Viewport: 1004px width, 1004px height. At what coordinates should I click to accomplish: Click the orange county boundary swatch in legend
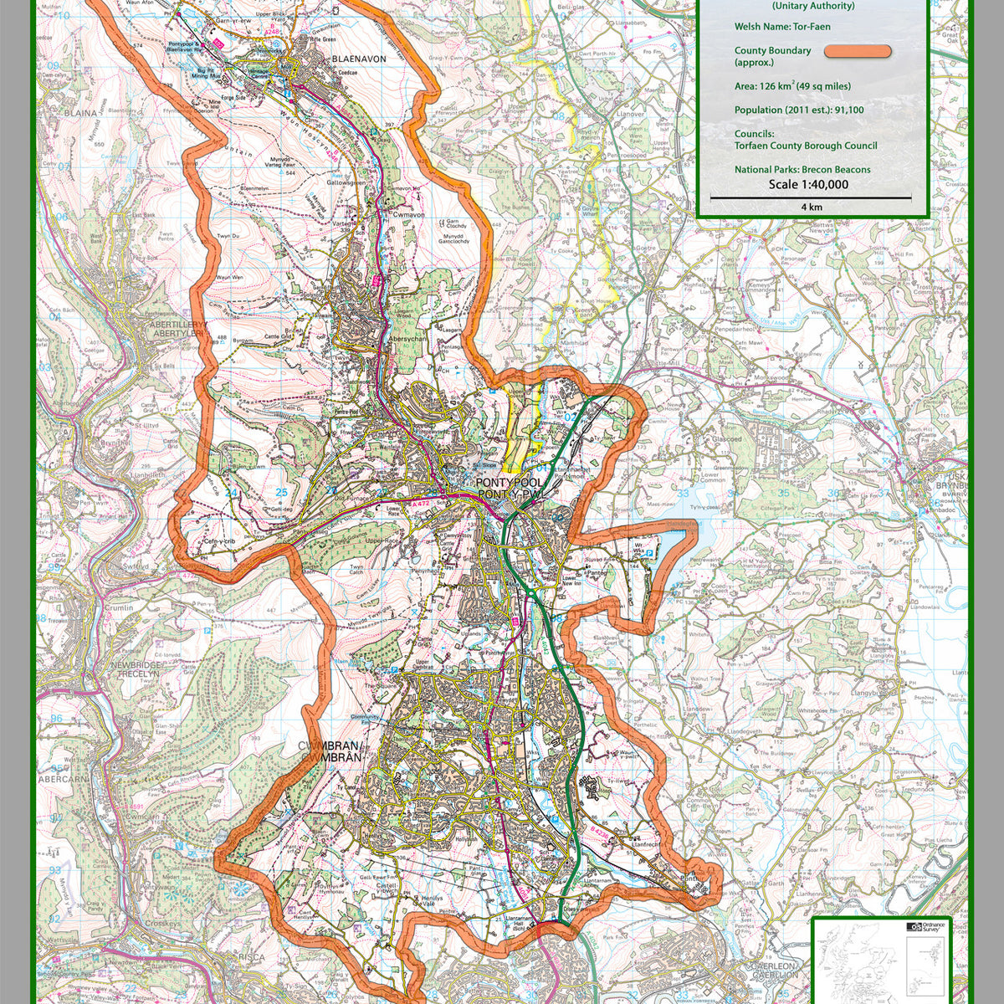pos(858,51)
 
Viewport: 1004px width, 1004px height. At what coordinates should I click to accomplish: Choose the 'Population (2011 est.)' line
pos(799,110)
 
